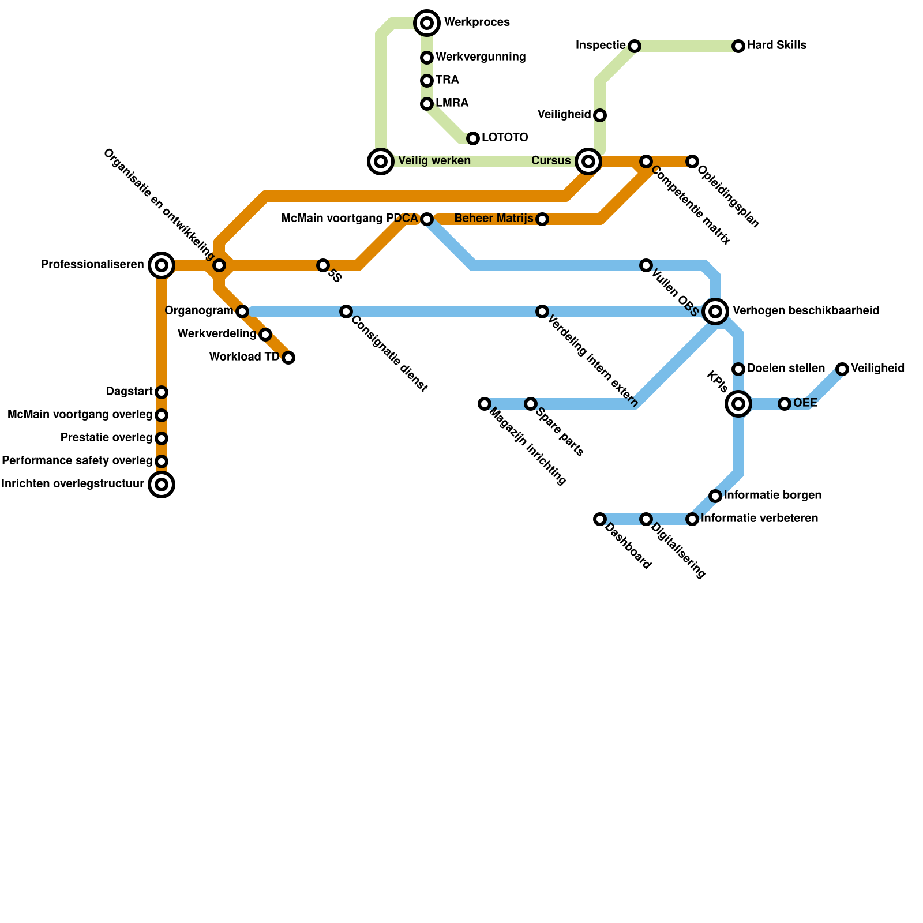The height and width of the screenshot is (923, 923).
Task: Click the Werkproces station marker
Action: click(x=427, y=23)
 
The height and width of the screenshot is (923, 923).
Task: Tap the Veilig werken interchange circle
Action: click(x=381, y=162)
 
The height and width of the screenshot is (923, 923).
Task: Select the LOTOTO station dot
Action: click(x=473, y=138)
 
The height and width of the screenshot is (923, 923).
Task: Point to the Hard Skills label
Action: click(x=776, y=46)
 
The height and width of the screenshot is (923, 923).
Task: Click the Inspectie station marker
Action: click(x=635, y=46)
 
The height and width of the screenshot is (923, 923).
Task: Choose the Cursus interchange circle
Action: click(x=588, y=162)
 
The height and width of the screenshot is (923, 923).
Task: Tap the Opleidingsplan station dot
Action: click(x=692, y=162)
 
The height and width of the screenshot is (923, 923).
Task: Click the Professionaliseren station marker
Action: click(x=162, y=265)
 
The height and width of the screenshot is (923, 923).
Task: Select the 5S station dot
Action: click(x=323, y=265)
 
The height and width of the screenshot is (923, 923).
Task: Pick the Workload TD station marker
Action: click(x=288, y=358)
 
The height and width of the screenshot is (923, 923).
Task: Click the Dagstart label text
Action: click(x=129, y=392)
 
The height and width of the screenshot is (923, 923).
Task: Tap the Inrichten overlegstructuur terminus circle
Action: click(x=162, y=485)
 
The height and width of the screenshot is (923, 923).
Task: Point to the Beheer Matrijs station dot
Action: click(x=542, y=219)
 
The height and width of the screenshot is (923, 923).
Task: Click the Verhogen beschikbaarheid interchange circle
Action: click(x=715, y=312)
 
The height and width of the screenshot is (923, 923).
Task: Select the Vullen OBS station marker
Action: click(x=646, y=265)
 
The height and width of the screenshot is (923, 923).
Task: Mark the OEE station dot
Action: click(x=785, y=404)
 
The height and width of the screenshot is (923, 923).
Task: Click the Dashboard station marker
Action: click(x=600, y=519)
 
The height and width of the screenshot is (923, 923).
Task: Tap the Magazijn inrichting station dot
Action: click(x=485, y=404)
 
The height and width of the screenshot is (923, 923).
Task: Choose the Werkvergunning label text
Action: click(x=481, y=57)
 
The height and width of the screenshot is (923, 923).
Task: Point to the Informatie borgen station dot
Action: click(x=715, y=496)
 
